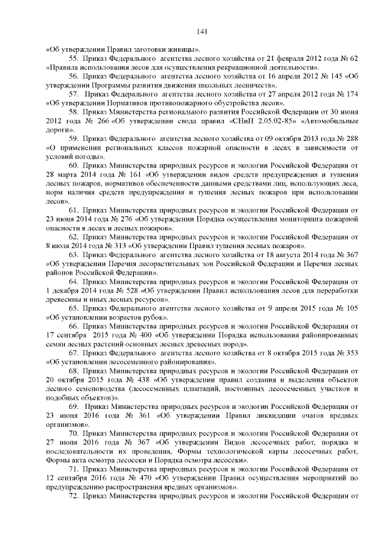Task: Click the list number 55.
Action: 75,58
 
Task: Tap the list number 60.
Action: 75,166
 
